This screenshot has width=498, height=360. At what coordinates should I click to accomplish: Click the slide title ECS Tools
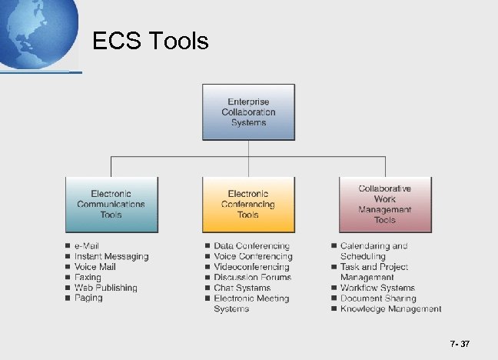150,40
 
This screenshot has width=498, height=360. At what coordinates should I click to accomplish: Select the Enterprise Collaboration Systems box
248,112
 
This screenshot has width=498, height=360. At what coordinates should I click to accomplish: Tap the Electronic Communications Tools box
111,204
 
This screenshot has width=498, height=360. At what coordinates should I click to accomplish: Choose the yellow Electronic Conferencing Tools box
248,204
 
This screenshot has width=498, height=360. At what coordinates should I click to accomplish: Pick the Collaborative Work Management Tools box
384,204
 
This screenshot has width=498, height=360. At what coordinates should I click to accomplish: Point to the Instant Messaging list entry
111,256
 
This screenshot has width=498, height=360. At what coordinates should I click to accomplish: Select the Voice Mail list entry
95,267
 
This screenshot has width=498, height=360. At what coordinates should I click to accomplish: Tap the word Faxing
88,277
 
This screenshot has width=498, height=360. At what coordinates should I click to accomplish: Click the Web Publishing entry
106,288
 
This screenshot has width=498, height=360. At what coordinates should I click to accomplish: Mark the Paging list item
88,298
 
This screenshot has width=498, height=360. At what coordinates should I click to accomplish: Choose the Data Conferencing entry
251,246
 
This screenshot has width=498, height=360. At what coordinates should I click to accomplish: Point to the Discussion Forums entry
252,277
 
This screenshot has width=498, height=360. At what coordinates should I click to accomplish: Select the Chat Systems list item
242,288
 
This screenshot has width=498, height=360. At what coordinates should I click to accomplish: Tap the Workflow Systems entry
377,288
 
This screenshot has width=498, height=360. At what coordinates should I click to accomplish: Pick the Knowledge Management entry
390,308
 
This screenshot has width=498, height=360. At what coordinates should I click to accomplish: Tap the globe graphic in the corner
35,31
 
